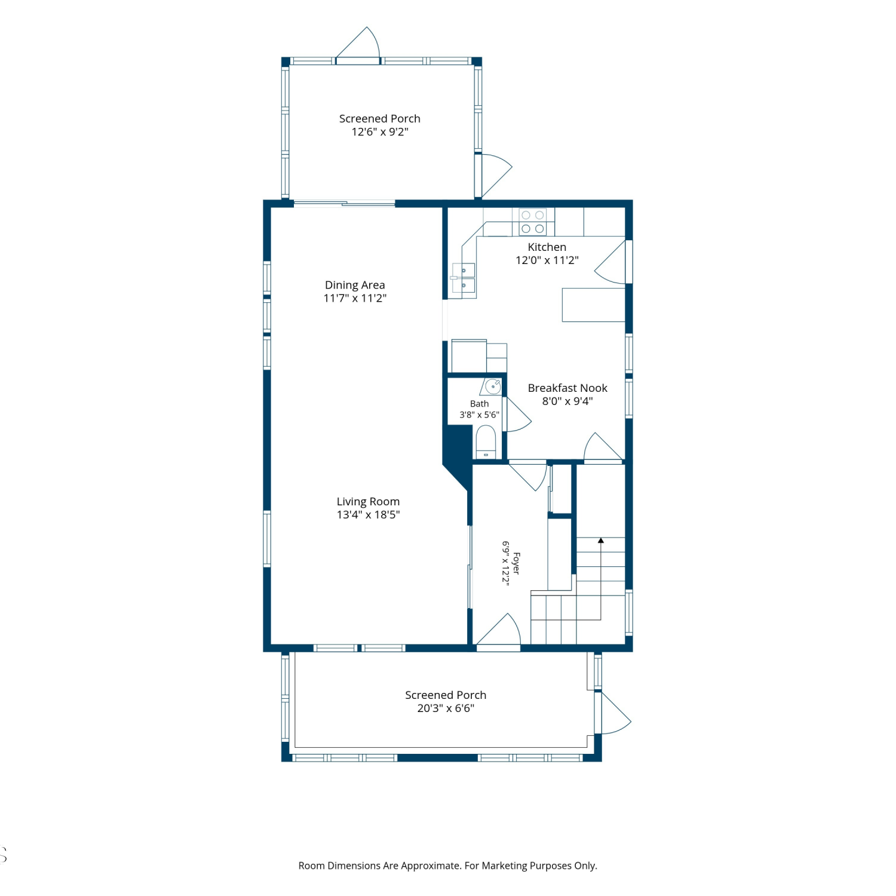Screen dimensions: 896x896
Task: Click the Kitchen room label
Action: (x=547, y=247)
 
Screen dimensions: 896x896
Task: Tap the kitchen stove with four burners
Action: (x=533, y=222)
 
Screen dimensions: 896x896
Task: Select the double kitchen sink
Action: (x=464, y=278)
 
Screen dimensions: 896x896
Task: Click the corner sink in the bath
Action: (x=492, y=386)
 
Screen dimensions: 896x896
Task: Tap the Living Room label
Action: (x=368, y=502)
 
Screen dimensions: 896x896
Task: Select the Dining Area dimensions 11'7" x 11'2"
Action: (x=355, y=298)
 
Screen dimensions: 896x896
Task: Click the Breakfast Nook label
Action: (x=567, y=388)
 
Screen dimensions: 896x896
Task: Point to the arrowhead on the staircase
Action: (x=601, y=541)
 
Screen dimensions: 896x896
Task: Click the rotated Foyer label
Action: (x=517, y=563)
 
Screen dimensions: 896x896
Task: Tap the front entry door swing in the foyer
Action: (x=499, y=630)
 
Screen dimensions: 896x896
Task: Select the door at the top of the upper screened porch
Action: (x=358, y=44)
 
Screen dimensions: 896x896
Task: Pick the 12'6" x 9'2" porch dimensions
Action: (x=380, y=132)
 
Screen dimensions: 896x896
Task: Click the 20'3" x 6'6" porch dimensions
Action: (x=446, y=708)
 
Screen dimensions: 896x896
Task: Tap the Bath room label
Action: (x=479, y=404)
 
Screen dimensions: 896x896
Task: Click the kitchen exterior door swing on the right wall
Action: (x=610, y=262)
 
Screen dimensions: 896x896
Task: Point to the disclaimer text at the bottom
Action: (x=448, y=866)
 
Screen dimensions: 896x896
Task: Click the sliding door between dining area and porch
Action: (x=344, y=204)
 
